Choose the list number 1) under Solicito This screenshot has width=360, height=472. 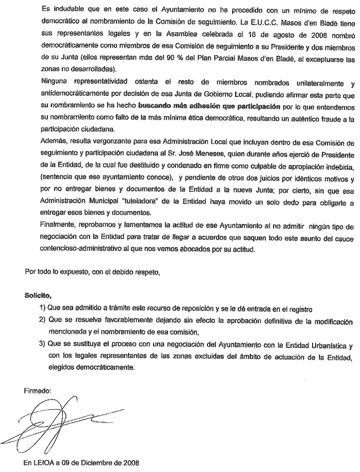pos(43,309)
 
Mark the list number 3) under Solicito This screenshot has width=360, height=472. pos(43,343)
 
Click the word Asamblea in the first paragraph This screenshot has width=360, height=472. pos(176,35)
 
